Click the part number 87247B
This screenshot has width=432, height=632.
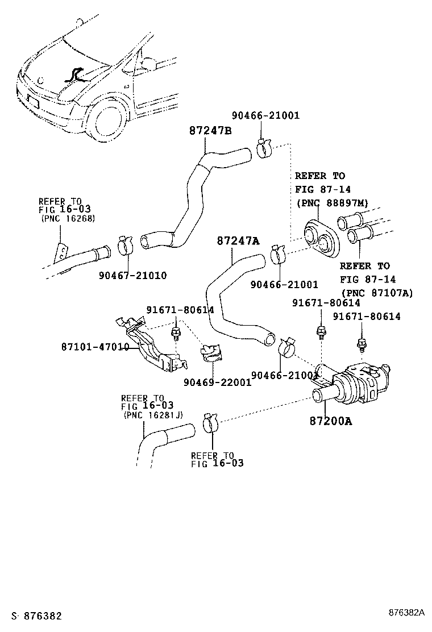click(x=210, y=130)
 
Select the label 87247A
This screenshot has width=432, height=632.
click(x=238, y=241)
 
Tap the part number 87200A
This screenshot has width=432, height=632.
click(x=331, y=421)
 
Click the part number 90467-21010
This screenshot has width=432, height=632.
click(x=132, y=275)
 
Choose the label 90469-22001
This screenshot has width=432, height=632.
click(x=217, y=382)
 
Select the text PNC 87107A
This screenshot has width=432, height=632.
click(x=377, y=293)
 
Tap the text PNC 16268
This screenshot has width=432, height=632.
click(x=67, y=218)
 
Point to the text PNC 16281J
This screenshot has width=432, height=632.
click(x=153, y=415)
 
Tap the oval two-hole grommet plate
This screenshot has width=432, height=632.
click(x=319, y=238)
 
